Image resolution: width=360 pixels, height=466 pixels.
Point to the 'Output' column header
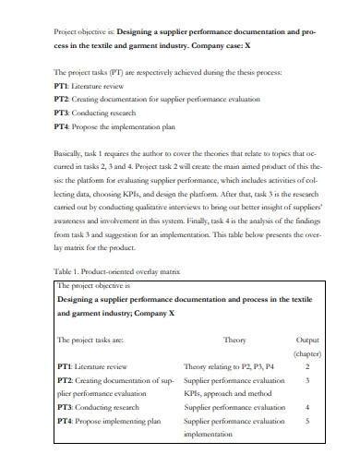[x=306, y=340]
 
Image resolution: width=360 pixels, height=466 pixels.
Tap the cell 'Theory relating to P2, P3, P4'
[x=229, y=365]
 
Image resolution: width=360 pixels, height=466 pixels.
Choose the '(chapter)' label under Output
[x=306, y=352]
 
